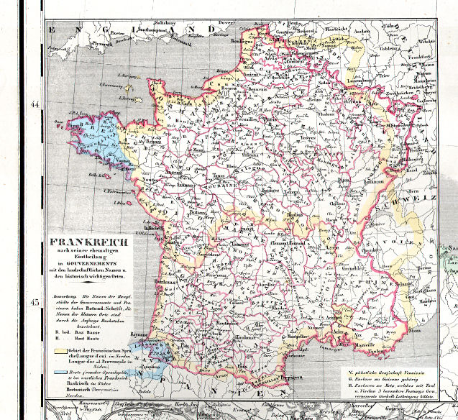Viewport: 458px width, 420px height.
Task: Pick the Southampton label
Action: (157, 29)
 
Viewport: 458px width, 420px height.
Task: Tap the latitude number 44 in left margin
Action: (34, 105)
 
